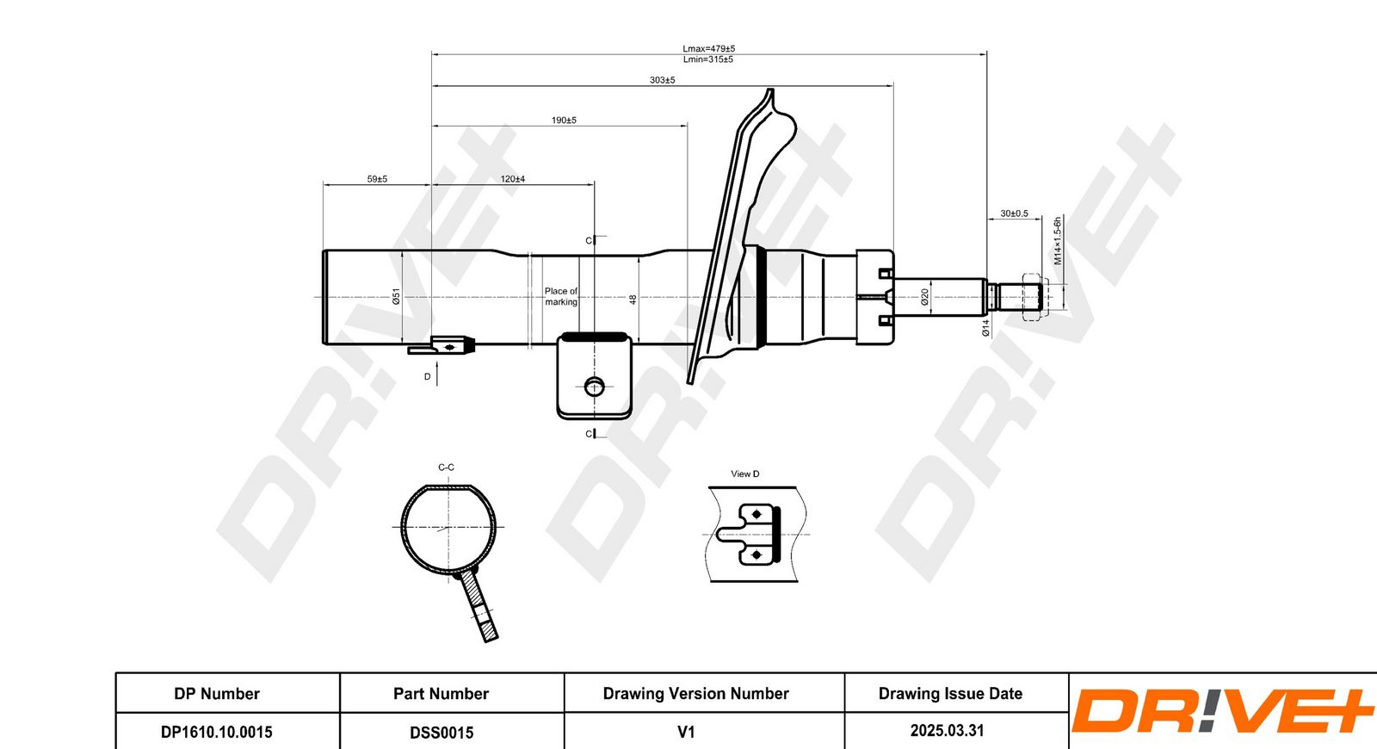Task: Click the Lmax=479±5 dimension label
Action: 709,48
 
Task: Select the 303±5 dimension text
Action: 662,80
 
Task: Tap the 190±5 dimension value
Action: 564,121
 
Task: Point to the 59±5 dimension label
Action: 377,179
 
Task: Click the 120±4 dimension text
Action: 512,179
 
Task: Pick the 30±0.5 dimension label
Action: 1014,214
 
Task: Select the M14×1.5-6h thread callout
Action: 1058,240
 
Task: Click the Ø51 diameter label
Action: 396,296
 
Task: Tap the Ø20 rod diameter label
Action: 924,297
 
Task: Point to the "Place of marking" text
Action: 560,296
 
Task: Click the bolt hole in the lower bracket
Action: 595,387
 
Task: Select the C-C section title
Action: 447,467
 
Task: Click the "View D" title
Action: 745,474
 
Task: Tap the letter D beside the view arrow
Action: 427,376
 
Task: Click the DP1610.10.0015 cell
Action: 216,732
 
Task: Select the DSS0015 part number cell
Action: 442,733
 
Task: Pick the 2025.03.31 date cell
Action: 947,731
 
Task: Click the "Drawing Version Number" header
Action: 695,694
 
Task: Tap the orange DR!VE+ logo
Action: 1222,710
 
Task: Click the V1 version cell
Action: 686,732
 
